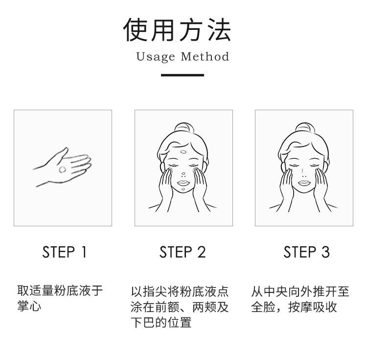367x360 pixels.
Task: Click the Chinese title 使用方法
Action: (x=177, y=30)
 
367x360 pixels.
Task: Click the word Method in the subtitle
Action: (x=205, y=57)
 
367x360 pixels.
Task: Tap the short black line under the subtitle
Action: (x=183, y=75)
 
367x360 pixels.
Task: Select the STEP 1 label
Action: (x=64, y=252)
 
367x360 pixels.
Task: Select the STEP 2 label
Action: (x=183, y=252)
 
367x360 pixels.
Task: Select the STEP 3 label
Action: (x=306, y=252)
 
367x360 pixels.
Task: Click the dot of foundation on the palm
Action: (x=63, y=169)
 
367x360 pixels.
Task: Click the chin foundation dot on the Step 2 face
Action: (x=183, y=190)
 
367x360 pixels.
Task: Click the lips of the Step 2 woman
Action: (x=183, y=183)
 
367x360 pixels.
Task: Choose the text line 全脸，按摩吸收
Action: (x=294, y=307)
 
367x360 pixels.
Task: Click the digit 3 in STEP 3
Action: (x=325, y=252)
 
